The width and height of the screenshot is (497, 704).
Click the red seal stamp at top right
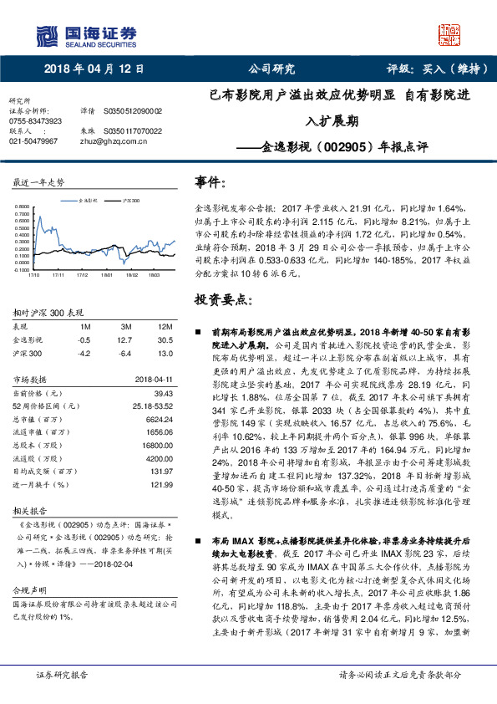[450, 33]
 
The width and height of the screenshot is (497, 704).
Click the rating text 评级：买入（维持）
[426, 69]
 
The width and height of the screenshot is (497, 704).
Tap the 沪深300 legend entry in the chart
[129, 202]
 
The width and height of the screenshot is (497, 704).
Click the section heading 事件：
[210, 181]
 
